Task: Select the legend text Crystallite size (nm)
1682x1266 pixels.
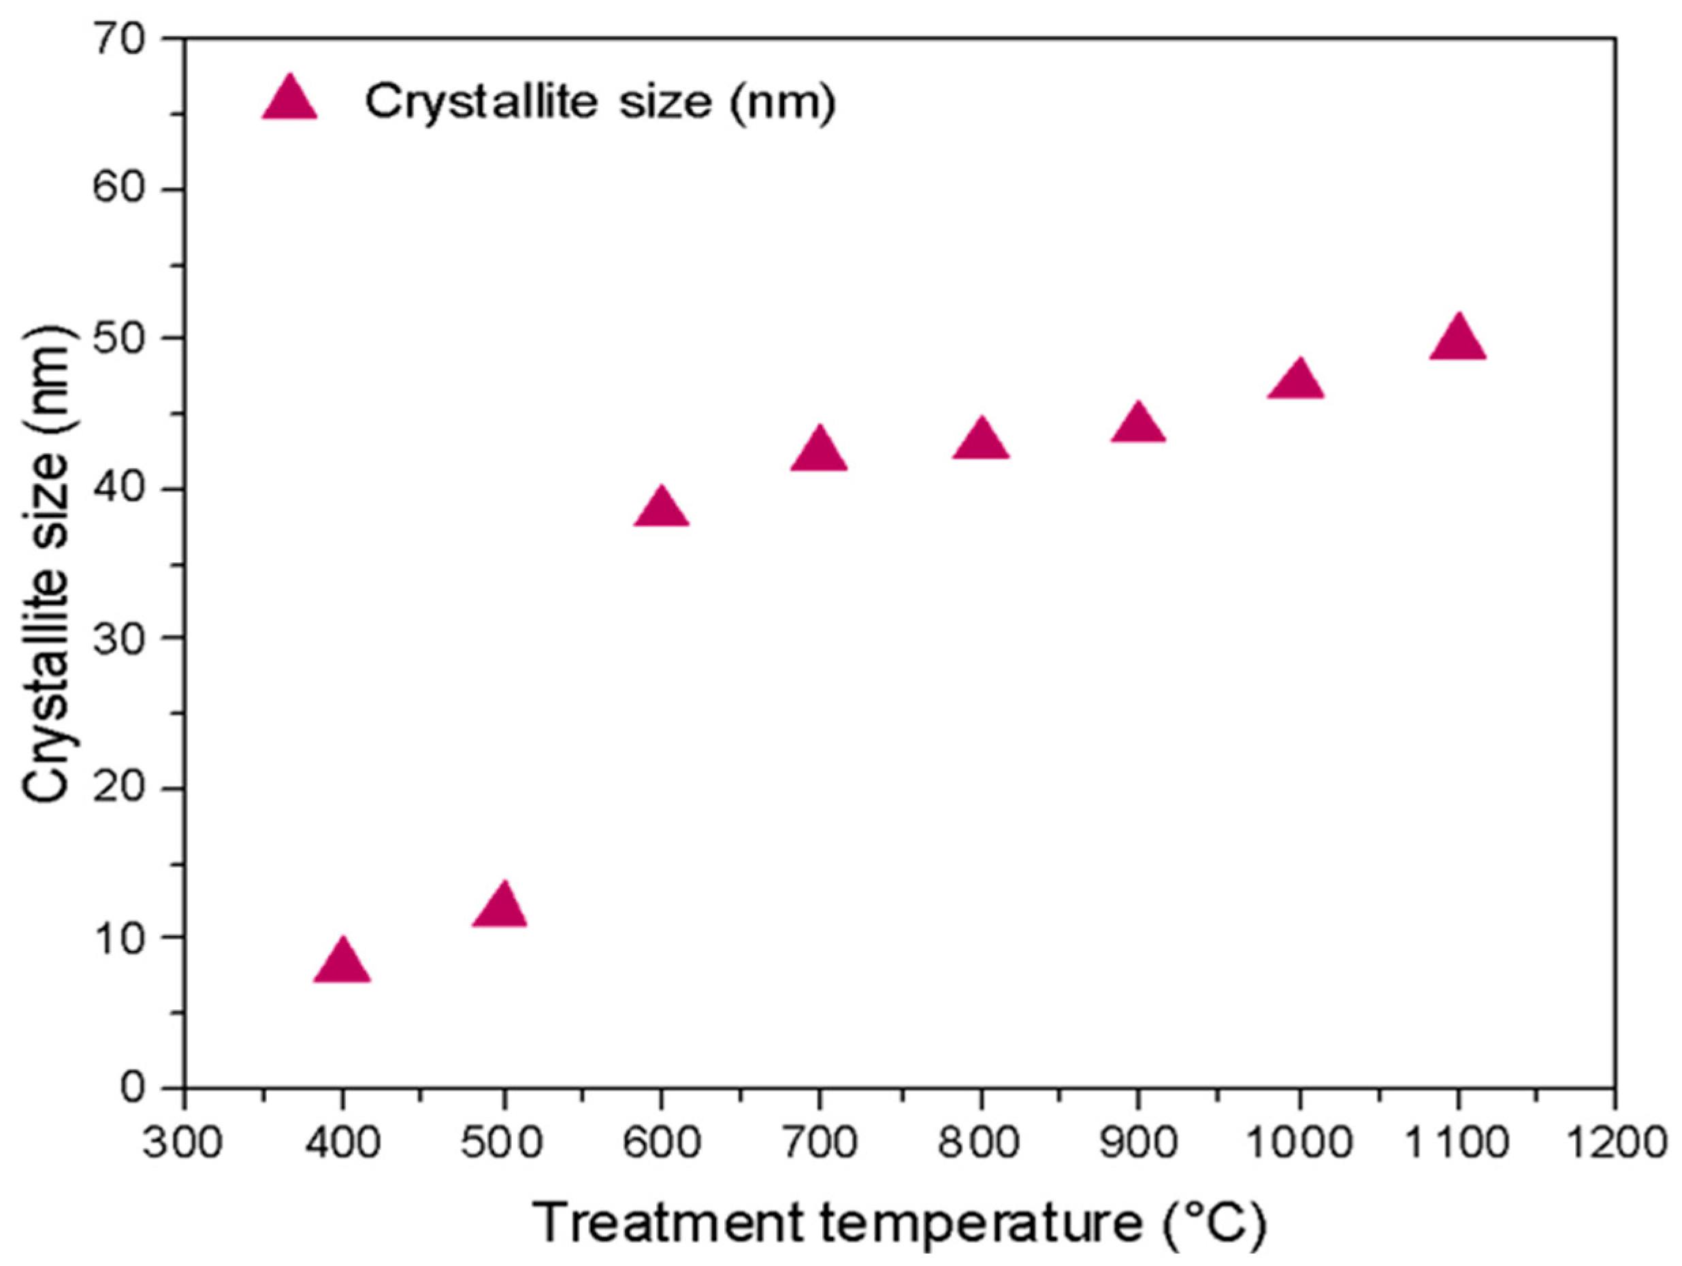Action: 600,101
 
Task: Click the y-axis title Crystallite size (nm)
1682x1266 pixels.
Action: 47,564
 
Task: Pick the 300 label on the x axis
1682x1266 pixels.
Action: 182,1143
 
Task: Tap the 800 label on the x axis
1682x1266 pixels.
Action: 980,1143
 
